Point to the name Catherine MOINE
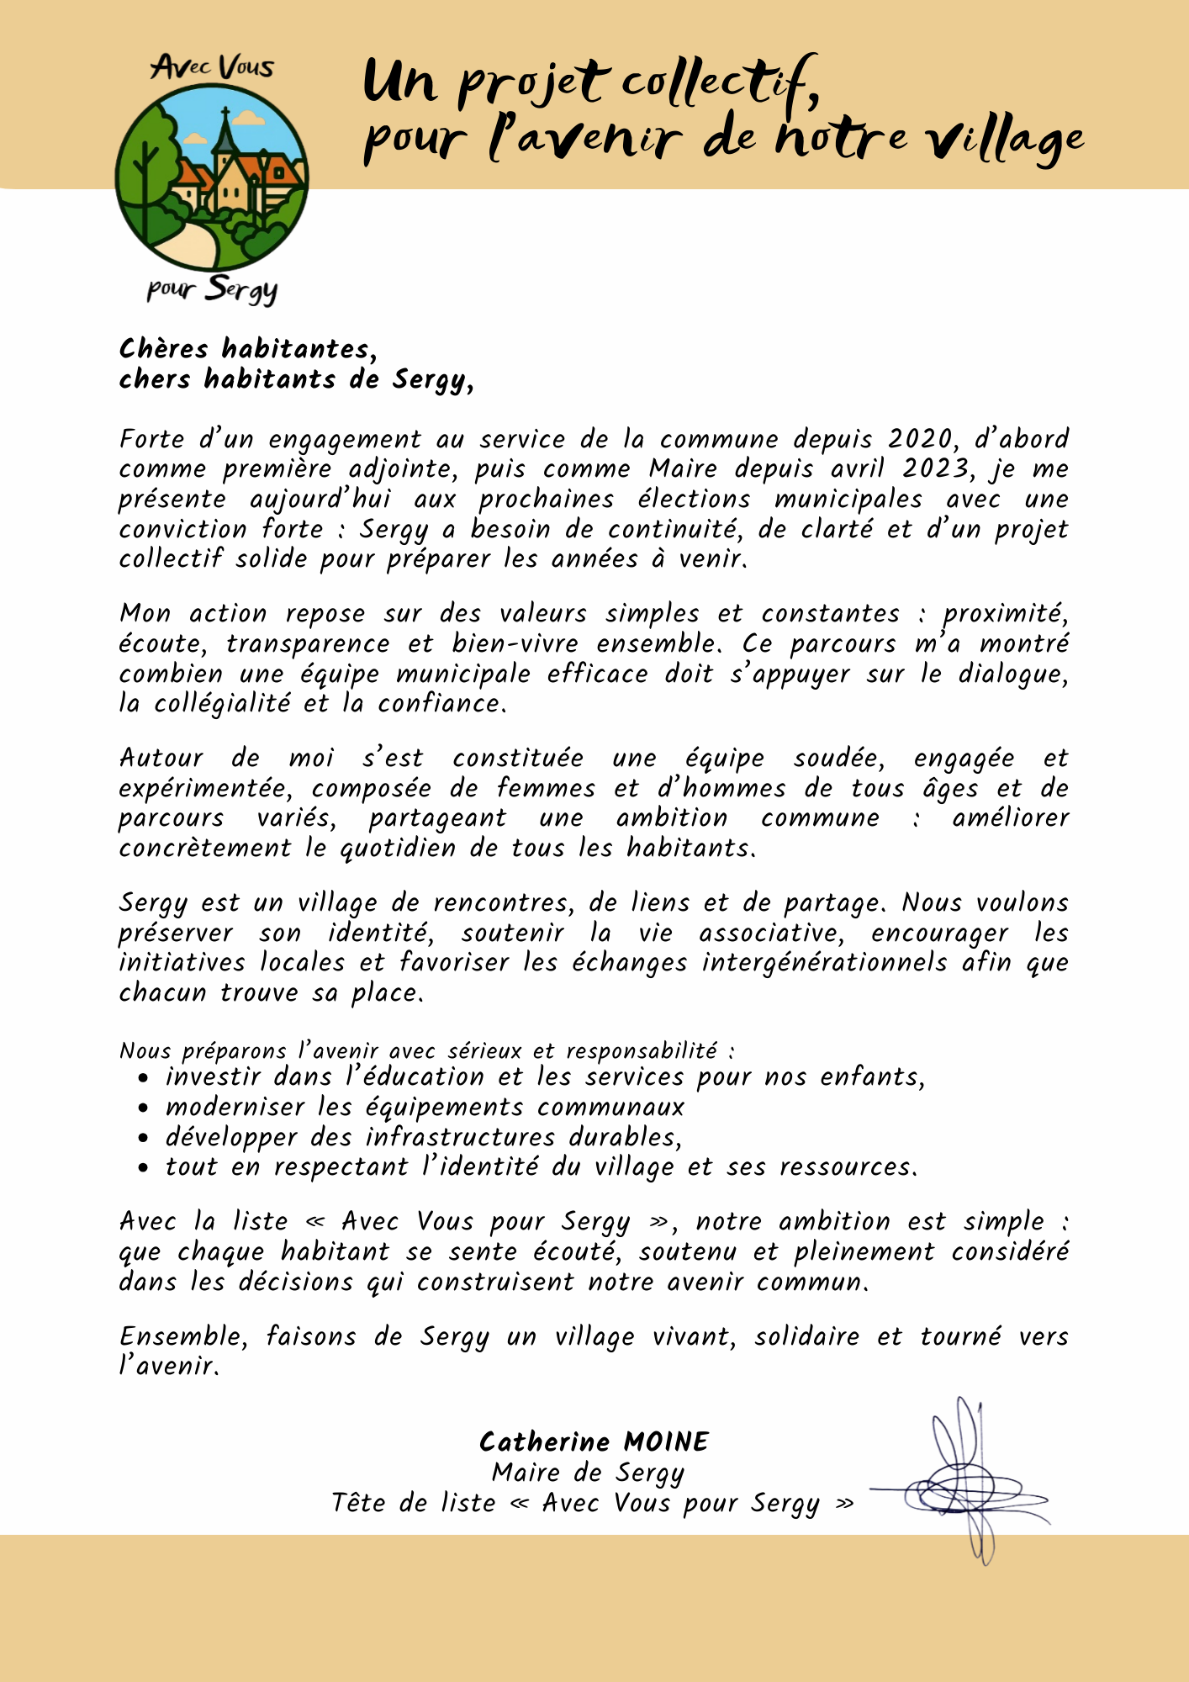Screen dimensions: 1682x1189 pos(594,1442)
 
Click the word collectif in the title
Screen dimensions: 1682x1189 pos(719,82)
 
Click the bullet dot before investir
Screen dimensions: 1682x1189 pos(144,1078)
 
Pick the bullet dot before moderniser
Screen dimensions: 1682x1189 pos(144,1108)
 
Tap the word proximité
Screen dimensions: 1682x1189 pos(1005,614)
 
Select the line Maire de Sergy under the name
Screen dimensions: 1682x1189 pos(589,1473)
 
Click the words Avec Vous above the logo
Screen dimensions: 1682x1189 pos(213,67)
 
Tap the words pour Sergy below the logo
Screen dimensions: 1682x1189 pos(212,289)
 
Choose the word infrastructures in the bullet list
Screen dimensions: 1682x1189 pos(460,1137)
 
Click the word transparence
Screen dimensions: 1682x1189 pos(308,644)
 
